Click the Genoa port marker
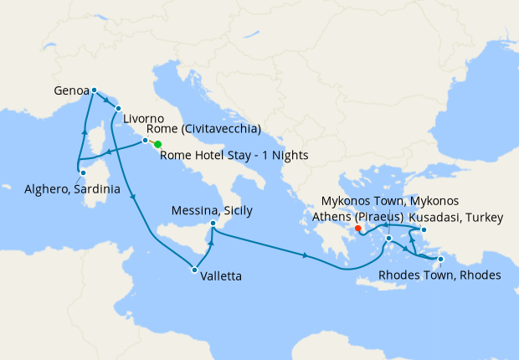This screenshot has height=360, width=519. tap(94, 90)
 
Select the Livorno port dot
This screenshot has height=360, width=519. tap(118, 108)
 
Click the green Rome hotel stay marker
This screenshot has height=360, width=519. tap(157, 145)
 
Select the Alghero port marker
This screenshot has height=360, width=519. tap(82, 173)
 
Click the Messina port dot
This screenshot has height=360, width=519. tap(214, 224)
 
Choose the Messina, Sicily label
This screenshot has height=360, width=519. tap(211, 210)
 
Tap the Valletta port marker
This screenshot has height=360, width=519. tap(194, 270)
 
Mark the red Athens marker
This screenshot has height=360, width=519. tap(357, 228)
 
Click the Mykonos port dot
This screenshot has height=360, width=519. tap(389, 239)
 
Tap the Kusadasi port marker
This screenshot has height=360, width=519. tap(424, 229)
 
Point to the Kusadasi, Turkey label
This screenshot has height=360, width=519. tap(455, 218)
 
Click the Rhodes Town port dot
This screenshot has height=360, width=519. tap(440, 259)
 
